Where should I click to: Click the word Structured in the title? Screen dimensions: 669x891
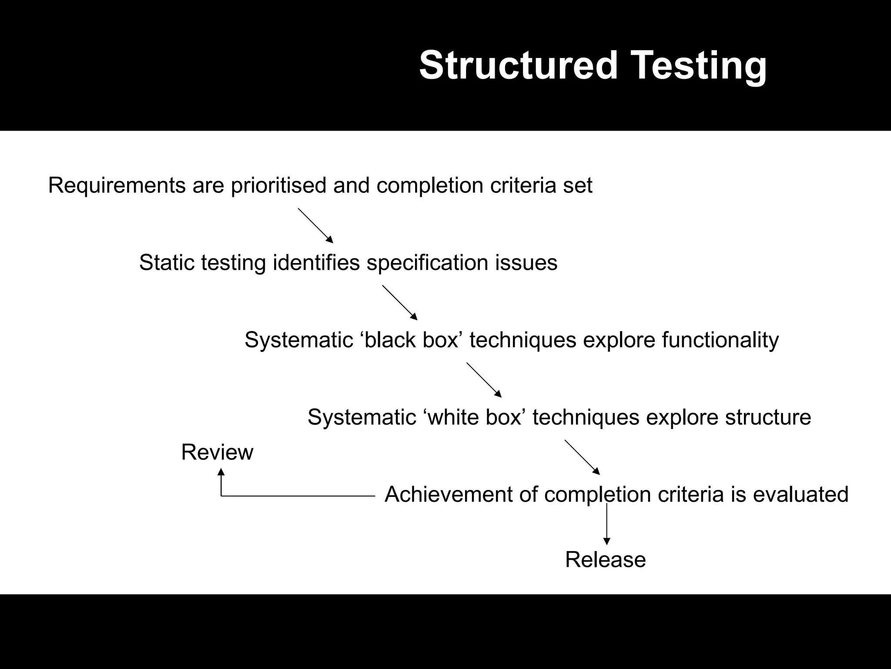click(x=518, y=65)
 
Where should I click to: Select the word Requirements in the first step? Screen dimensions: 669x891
click(x=117, y=186)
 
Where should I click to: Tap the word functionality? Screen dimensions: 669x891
click(x=720, y=340)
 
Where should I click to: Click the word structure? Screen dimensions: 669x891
click(x=768, y=417)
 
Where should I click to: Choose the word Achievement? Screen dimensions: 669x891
click(x=448, y=495)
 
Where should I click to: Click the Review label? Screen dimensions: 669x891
click(x=217, y=452)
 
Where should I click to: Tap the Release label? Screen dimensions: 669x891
click(x=605, y=560)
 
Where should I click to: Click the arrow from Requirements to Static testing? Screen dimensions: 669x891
click(x=315, y=225)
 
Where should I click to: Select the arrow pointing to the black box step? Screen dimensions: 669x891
click(x=400, y=303)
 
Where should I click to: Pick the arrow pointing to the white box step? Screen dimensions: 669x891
click(x=484, y=380)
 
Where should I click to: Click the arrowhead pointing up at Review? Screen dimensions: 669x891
click(x=221, y=472)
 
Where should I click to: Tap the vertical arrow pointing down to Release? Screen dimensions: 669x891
click(x=607, y=525)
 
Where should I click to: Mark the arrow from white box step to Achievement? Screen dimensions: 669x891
click(x=582, y=457)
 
